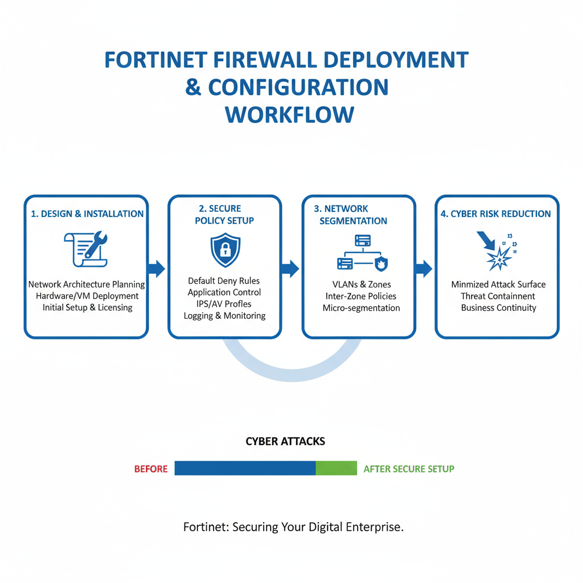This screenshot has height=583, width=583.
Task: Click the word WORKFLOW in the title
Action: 289,114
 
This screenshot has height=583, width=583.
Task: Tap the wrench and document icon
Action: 86,249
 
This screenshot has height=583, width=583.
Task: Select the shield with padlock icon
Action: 225,250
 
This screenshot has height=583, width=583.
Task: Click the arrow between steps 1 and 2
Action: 157,268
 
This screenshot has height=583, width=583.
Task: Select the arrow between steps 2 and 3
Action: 290,269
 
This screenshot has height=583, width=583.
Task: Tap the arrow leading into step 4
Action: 424,269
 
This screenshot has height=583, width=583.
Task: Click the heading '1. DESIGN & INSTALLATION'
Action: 87,214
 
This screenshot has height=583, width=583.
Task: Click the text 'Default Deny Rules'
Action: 224,281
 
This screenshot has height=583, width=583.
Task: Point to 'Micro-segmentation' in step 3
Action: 361,308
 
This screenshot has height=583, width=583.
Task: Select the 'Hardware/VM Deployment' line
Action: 87,296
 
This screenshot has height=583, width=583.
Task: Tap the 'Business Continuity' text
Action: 499,308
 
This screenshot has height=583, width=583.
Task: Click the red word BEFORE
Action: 151,469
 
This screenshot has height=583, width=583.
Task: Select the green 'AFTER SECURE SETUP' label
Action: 409,469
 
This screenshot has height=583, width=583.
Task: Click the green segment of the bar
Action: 336,468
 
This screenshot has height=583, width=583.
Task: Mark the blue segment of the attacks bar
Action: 245,468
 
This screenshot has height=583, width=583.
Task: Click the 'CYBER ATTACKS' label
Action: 285,441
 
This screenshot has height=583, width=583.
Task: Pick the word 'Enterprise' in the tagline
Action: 373,527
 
